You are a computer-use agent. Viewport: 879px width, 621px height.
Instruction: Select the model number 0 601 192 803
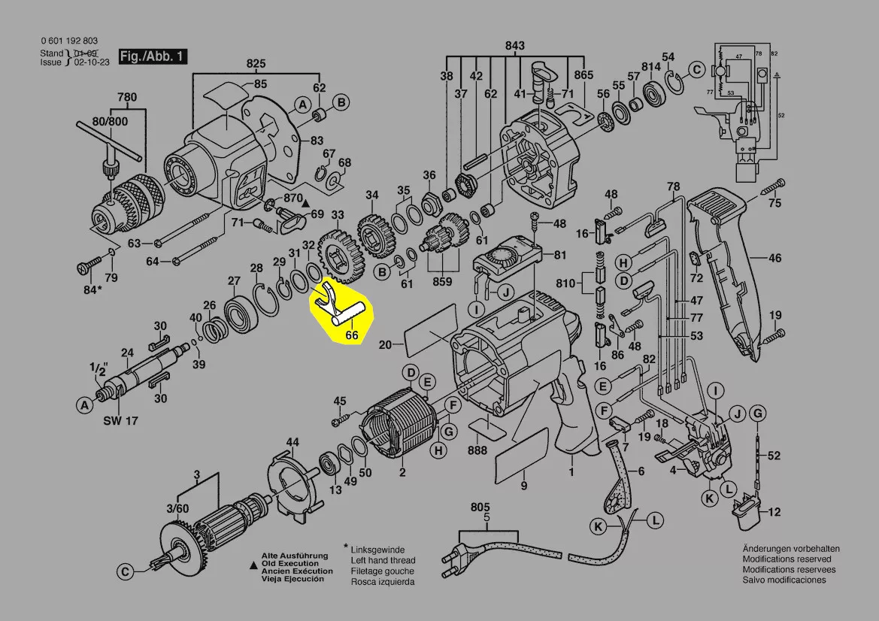coord(69,41)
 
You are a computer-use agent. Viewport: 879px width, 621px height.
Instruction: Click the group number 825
coord(256,63)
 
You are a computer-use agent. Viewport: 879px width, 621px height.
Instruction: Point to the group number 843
coord(514,46)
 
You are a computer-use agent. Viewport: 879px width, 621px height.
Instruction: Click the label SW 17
coord(120,421)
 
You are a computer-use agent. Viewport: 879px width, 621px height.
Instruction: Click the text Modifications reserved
coord(787,559)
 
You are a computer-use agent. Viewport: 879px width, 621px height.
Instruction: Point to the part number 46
coord(774,259)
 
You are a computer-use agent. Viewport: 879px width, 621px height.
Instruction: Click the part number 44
coord(292,441)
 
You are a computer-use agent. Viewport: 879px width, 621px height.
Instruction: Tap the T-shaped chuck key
coord(109,147)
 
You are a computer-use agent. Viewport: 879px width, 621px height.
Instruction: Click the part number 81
coord(560,255)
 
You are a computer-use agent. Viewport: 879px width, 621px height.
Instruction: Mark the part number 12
coord(774,513)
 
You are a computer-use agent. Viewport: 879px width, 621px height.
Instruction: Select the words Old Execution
coord(289,563)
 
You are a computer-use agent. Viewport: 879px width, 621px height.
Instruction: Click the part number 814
coord(651,66)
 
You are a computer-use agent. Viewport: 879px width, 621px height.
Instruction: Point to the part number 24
coord(128,353)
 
